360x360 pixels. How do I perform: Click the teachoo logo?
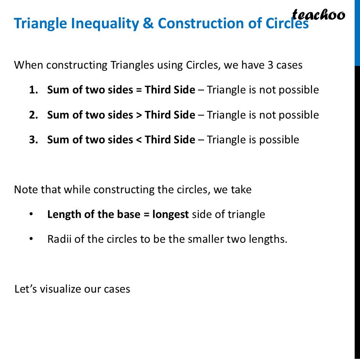pyautogui.click(x=318, y=15)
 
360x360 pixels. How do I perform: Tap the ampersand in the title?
pyautogui.click(x=148, y=24)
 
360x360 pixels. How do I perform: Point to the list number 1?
pyautogui.click(x=33, y=90)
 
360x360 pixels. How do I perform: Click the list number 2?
pyautogui.click(x=33, y=115)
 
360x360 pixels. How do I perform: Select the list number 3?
pyautogui.click(x=33, y=140)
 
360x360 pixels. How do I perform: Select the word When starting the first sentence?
pyautogui.click(x=28, y=65)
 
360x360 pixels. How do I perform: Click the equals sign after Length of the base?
pyautogui.click(x=146, y=214)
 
